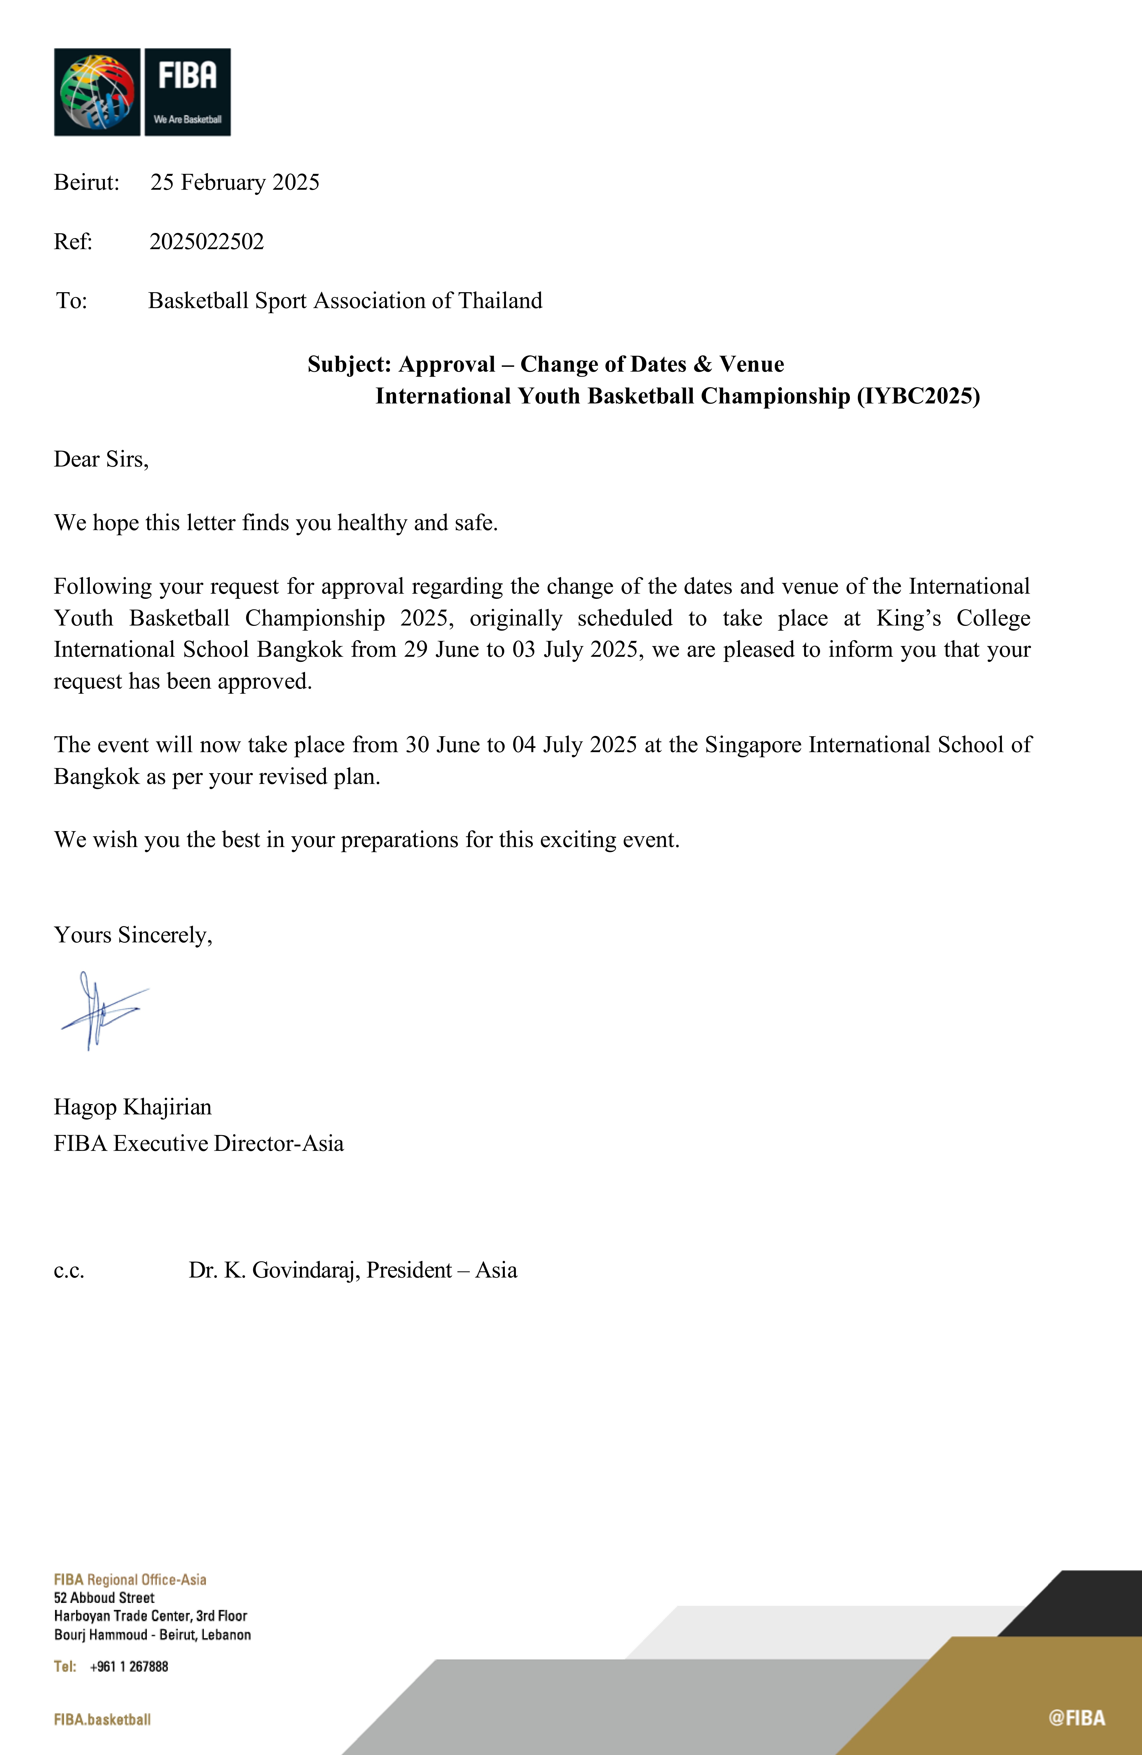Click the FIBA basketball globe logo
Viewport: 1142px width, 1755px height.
pos(97,92)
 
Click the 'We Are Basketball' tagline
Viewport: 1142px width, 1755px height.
pos(187,120)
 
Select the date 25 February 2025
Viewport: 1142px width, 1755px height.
pos(234,182)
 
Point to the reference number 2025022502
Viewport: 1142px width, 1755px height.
pos(206,242)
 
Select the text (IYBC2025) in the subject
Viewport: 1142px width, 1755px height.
pos(918,396)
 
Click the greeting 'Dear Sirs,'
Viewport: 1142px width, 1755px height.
pos(101,460)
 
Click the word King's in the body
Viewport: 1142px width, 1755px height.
pos(908,618)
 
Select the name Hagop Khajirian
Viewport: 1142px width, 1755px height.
pos(133,1107)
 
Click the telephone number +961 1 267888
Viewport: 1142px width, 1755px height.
pos(129,1666)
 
